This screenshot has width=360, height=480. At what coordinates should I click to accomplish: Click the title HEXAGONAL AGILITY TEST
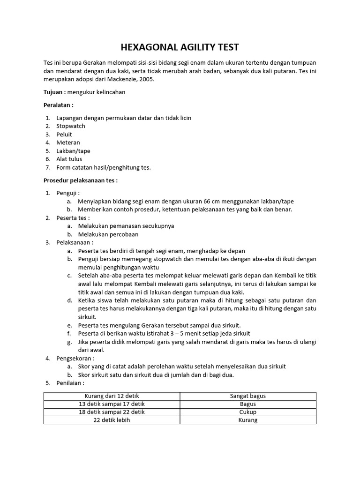(x=180, y=47)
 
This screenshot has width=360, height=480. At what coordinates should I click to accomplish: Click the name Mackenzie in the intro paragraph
(x=122, y=79)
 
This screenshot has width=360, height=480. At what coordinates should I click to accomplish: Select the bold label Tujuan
(x=53, y=92)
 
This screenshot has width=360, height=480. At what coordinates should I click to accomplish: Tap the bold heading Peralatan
(x=58, y=105)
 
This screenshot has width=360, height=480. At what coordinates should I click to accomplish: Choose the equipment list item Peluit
(x=64, y=135)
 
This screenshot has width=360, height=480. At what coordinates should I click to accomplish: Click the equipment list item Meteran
(x=68, y=142)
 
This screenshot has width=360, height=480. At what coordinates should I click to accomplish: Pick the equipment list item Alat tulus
(x=69, y=159)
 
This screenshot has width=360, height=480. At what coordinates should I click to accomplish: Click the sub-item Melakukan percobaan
(x=108, y=234)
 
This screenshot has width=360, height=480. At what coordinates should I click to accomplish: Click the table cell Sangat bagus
(x=248, y=396)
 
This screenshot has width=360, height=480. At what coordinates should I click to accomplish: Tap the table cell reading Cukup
(x=248, y=412)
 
